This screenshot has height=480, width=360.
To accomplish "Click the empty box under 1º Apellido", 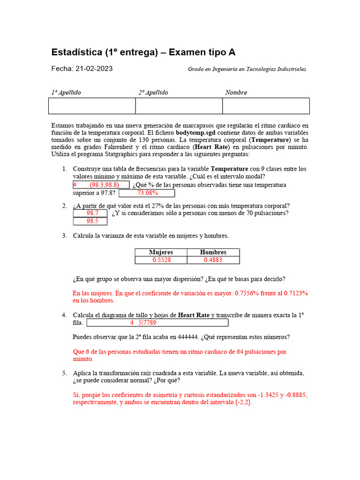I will click(92, 106).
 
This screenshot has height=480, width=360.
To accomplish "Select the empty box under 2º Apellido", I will click(179, 106).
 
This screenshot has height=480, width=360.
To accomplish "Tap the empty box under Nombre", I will click(266, 106).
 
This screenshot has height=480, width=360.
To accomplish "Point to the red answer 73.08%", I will click(147, 193).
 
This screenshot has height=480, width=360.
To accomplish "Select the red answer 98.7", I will click(92, 213).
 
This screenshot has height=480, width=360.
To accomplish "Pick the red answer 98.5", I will click(92, 221).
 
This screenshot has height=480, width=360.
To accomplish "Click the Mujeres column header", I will click(161, 252).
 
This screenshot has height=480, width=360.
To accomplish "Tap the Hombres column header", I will click(213, 252).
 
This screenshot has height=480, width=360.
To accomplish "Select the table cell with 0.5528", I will click(161, 260).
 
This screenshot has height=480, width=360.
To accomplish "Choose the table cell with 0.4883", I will click(213, 260).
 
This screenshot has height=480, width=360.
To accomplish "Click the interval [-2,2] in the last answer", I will click(243, 403).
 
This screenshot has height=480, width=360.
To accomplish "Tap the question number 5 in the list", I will click(64, 373).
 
